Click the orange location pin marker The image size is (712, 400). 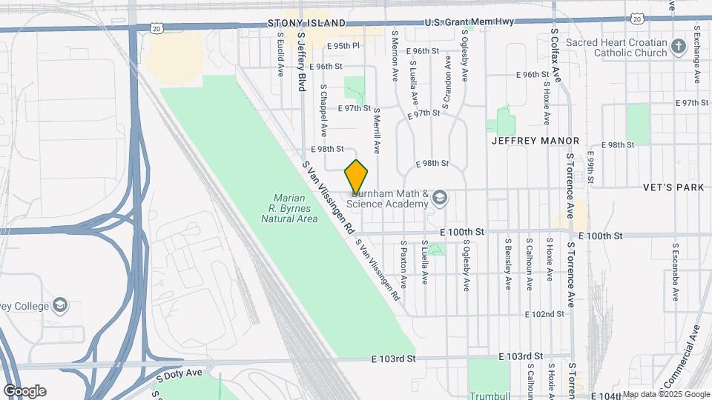click(x=357, y=177)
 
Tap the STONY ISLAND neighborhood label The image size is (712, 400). click(x=306, y=23)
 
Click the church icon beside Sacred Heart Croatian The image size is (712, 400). click(x=678, y=48)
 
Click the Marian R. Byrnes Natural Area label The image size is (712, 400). click(x=295, y=208)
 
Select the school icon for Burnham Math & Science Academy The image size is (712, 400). click(x=441, y=198)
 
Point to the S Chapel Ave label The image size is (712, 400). click(x=323, y=110)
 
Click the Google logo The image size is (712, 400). click(x=24, y=391)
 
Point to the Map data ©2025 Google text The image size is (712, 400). click(x=665, y=394)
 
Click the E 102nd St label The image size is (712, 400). click(x=544, y=314)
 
